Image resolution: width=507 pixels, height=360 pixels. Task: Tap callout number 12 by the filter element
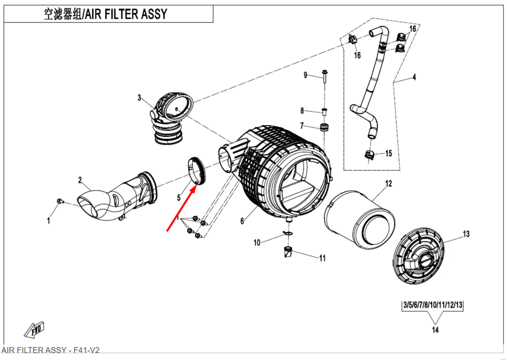(389, 184)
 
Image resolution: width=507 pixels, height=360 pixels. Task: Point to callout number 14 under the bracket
(434, 330)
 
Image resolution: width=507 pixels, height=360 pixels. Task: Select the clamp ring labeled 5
(196, 169)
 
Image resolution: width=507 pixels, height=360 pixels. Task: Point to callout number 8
(302, 111)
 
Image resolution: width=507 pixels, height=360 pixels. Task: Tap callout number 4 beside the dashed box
(414, 78)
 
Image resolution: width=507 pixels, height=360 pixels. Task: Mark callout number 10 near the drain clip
(257, 243)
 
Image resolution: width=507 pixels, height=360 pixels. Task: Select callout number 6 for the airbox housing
(242, 221)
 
